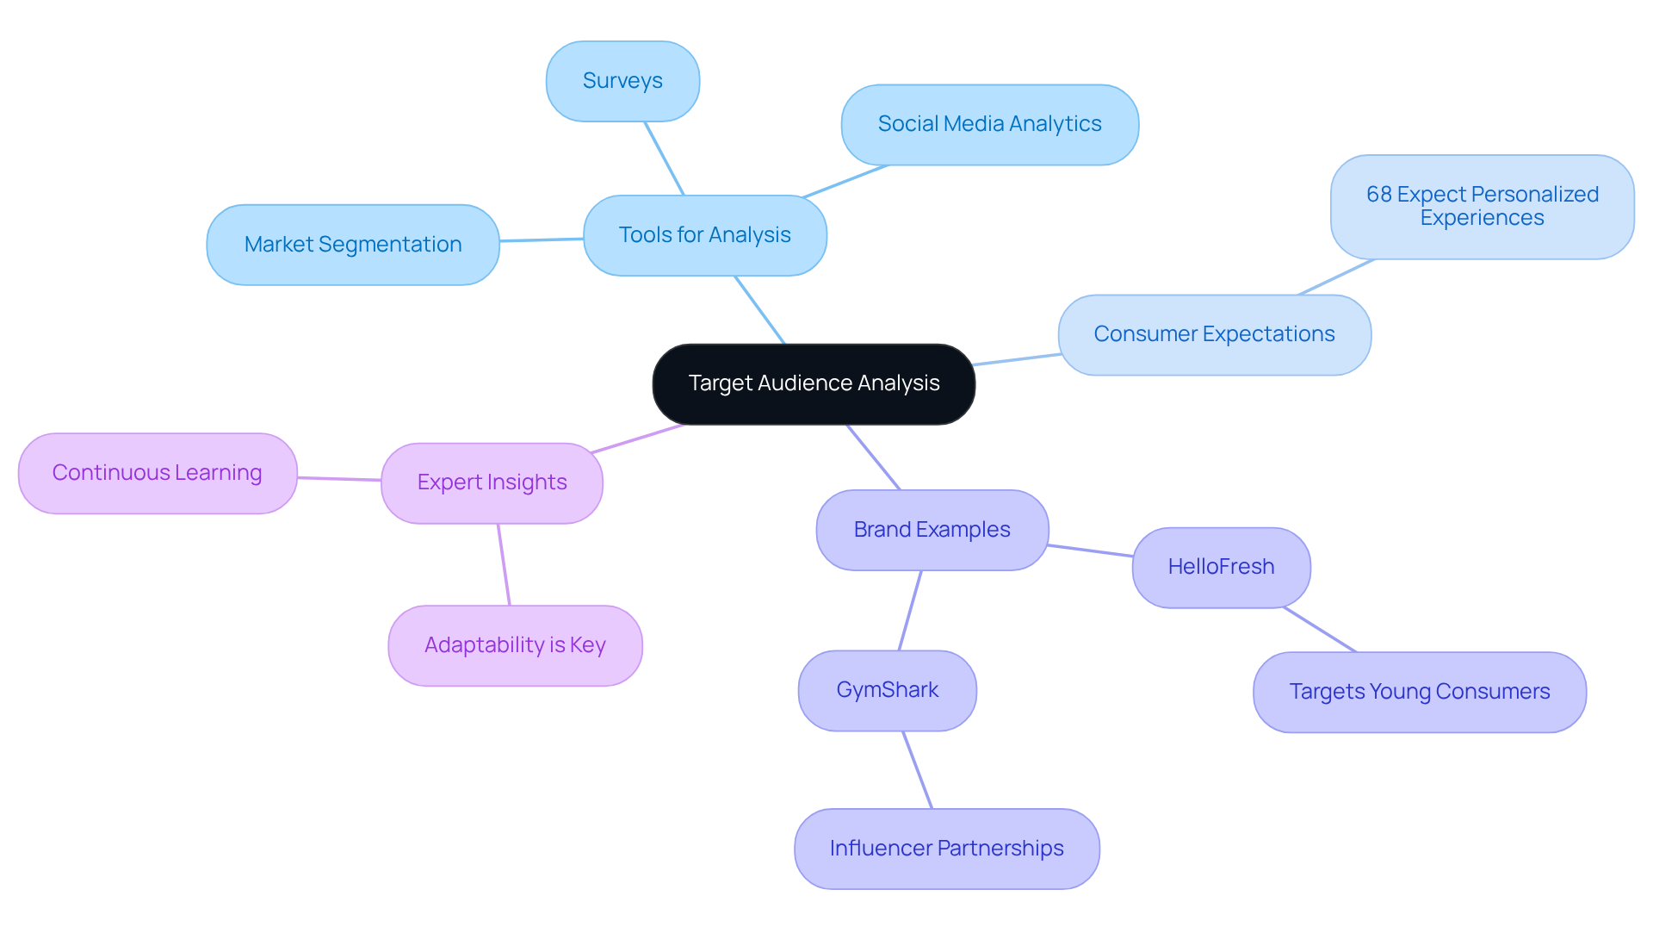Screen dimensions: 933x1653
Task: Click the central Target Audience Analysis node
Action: point(814,383)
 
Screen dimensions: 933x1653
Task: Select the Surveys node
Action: point(622,81)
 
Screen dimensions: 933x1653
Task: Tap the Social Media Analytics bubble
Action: point(989,124)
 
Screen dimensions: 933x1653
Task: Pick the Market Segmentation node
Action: point(353,245)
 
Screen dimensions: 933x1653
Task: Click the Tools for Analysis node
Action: point(704,235)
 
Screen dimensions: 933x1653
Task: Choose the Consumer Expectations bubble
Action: point(1214,334)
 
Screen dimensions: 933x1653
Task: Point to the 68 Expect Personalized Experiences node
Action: point(1482,207)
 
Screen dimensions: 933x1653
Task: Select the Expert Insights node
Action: point(492,482)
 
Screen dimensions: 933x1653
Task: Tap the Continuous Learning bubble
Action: point(158,473)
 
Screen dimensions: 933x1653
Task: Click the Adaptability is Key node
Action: point(515,645)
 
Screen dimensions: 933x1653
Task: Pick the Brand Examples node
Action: point(932,530)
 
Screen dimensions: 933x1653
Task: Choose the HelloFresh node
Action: point(1221,567)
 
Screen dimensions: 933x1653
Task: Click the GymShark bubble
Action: point(887,690)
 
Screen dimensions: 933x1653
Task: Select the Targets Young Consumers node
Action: point(1419,692)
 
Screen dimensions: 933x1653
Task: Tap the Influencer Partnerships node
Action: point(946,849)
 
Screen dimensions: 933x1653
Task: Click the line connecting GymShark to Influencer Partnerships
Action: point(918,770)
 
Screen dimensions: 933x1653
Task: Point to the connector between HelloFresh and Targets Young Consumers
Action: point(1320,630)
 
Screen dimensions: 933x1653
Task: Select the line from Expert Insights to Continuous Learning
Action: point(339,479)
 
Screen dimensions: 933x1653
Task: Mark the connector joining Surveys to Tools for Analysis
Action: point(664,159)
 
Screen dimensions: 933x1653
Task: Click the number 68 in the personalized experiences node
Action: point(1378,195)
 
